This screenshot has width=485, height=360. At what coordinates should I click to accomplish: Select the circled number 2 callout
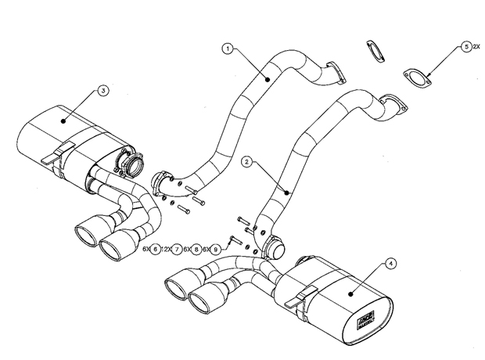click(x=246, y=162)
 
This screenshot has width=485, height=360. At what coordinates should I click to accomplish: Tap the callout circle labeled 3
click(x=102, y=91)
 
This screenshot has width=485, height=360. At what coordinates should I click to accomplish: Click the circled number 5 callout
click(x=466, y=47)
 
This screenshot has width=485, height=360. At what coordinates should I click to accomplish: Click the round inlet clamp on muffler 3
click(x=128, y=167)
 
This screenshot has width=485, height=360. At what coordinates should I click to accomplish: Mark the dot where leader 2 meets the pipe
click(x=289, y=192)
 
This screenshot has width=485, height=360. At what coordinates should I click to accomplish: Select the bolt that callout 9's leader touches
click(x=233, y=239)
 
